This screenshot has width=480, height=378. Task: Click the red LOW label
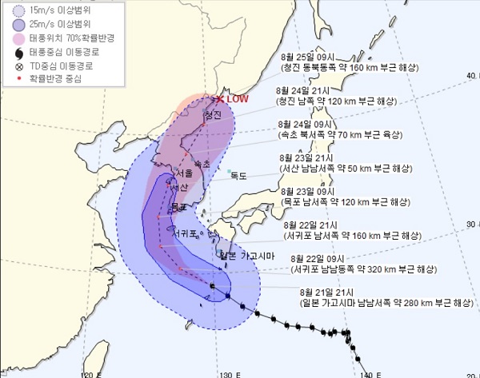(x=238, y=99)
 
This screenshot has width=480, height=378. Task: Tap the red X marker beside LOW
(x=220, y=99)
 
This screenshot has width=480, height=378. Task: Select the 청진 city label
(x=212, y=116)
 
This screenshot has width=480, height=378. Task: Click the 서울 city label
(x=183, y=173)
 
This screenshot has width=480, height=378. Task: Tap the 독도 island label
(x=238, y=176)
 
